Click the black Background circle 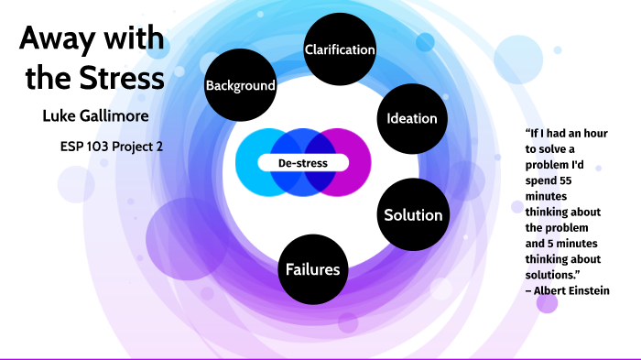pyautogui.click(x=241, y=85)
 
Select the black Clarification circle pyautogui.click(x=340, y=49)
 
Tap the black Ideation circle pyautogui.click(x=412, y=118)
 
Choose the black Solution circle pyautogui.click(x=413, y=215)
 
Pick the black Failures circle pyautogui.click(x=313, y=269)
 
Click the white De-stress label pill pyautogui.click(x=303, y=163)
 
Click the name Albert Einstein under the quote pyautogui.click(x=571, y=290)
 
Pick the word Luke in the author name pyautogui.click(x=48, y=116)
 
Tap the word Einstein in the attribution pyautogui.click(x=589, y=290)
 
